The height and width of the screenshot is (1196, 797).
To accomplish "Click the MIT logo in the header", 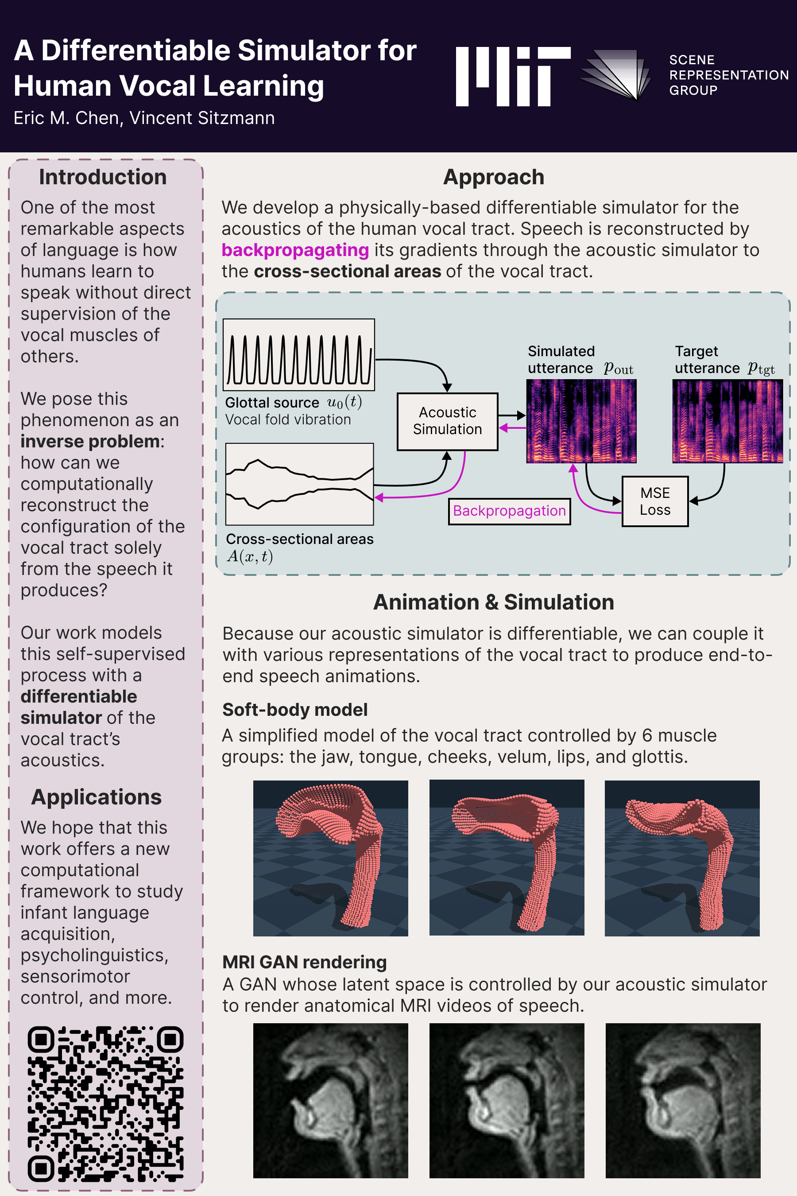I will [513, 76].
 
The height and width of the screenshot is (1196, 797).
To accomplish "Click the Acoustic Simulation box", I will [447, 421].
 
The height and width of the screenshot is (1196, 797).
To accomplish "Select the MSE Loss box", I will [655, 501].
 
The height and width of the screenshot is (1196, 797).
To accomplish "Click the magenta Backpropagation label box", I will [509, 511].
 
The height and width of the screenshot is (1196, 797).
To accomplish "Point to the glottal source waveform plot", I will [299, 355].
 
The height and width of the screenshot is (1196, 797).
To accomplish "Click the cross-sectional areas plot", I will [299, 484].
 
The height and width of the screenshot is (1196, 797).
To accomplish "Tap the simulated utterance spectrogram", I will [581, 421].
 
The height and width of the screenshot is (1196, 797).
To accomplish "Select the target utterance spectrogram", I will [727, 421].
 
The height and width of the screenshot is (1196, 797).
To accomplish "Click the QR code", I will [106, 1103].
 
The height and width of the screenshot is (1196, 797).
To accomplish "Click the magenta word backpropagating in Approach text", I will [295, 250].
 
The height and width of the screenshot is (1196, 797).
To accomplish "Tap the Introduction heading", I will [103, 177].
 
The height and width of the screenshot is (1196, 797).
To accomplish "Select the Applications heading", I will [97, 797].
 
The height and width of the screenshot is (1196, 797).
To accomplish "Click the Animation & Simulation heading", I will [494, 602].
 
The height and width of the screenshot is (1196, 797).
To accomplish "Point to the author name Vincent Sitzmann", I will [202, 118].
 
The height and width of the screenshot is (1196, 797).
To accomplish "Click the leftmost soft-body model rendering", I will [330, 858].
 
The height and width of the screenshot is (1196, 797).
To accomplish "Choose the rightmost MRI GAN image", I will [683, 1100].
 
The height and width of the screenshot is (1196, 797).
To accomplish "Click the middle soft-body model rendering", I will [507, 858].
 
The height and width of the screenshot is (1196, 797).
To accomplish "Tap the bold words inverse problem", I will [90, 441].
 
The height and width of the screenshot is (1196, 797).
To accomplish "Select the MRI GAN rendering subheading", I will [305, 962].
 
